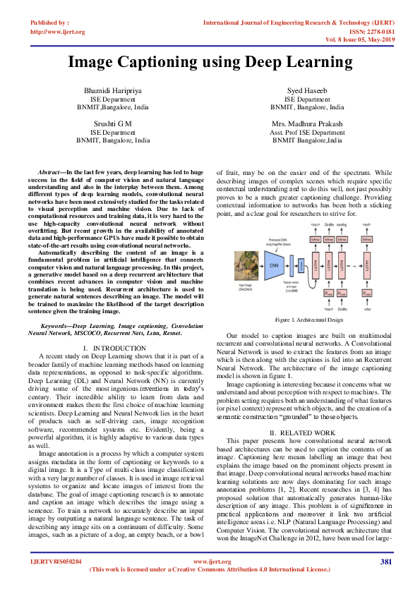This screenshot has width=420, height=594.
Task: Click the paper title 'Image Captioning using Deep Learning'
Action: [x=210, y=62]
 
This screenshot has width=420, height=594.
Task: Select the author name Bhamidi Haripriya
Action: [x=113, y=92]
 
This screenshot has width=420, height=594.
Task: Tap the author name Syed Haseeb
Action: [x=307, y=92]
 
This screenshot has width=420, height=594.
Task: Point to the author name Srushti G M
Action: [x=113, y=124]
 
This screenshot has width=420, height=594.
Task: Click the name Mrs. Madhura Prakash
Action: [x=307, y=124]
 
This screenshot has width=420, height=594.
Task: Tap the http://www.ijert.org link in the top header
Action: [x=58, y=32]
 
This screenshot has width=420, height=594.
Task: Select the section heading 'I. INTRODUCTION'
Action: [x=114, y=348]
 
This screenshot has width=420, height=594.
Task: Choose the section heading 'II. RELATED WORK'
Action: [x=304, y=432]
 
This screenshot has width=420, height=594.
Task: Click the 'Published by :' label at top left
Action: [x=50, y=23]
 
